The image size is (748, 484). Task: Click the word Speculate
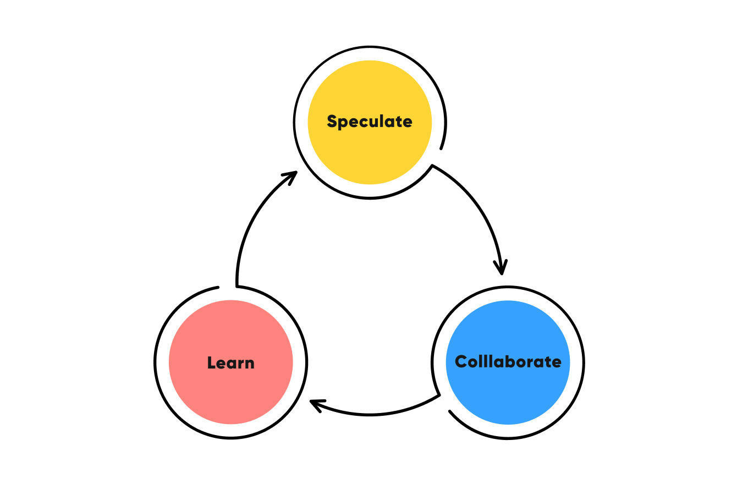tap(370, 122)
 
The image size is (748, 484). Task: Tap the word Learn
tap(231, 363)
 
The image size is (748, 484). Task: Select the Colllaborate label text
tap(508, 362)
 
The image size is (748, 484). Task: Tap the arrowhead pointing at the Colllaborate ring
tap(501, 267)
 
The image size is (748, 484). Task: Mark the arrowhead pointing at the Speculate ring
tap(290, 177)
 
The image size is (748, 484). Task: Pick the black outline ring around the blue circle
tap(582, 362)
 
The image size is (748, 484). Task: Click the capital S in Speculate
tap(332, 121)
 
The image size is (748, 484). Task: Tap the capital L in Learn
tap(211, 363)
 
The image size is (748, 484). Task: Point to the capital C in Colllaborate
tap(461, 361)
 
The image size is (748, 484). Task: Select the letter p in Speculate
tap(342, 123)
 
